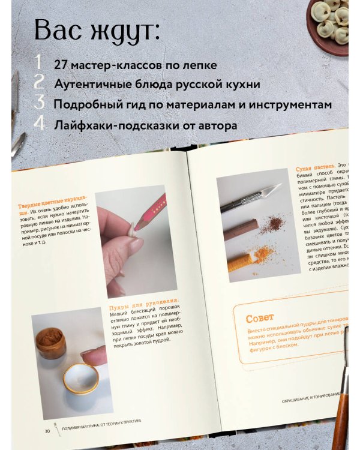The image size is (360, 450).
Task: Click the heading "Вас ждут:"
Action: pyautogui.click(x=97, y=30)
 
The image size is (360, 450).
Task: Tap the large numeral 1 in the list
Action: pyautogui.click(x=38, y=62)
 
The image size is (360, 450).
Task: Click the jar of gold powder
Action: pyautogui.click(x=51, y=343)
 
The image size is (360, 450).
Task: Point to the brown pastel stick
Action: pyautogui.click(x=241, y=229)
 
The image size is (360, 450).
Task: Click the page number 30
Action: pyautogui.click(x=47, y=430)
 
